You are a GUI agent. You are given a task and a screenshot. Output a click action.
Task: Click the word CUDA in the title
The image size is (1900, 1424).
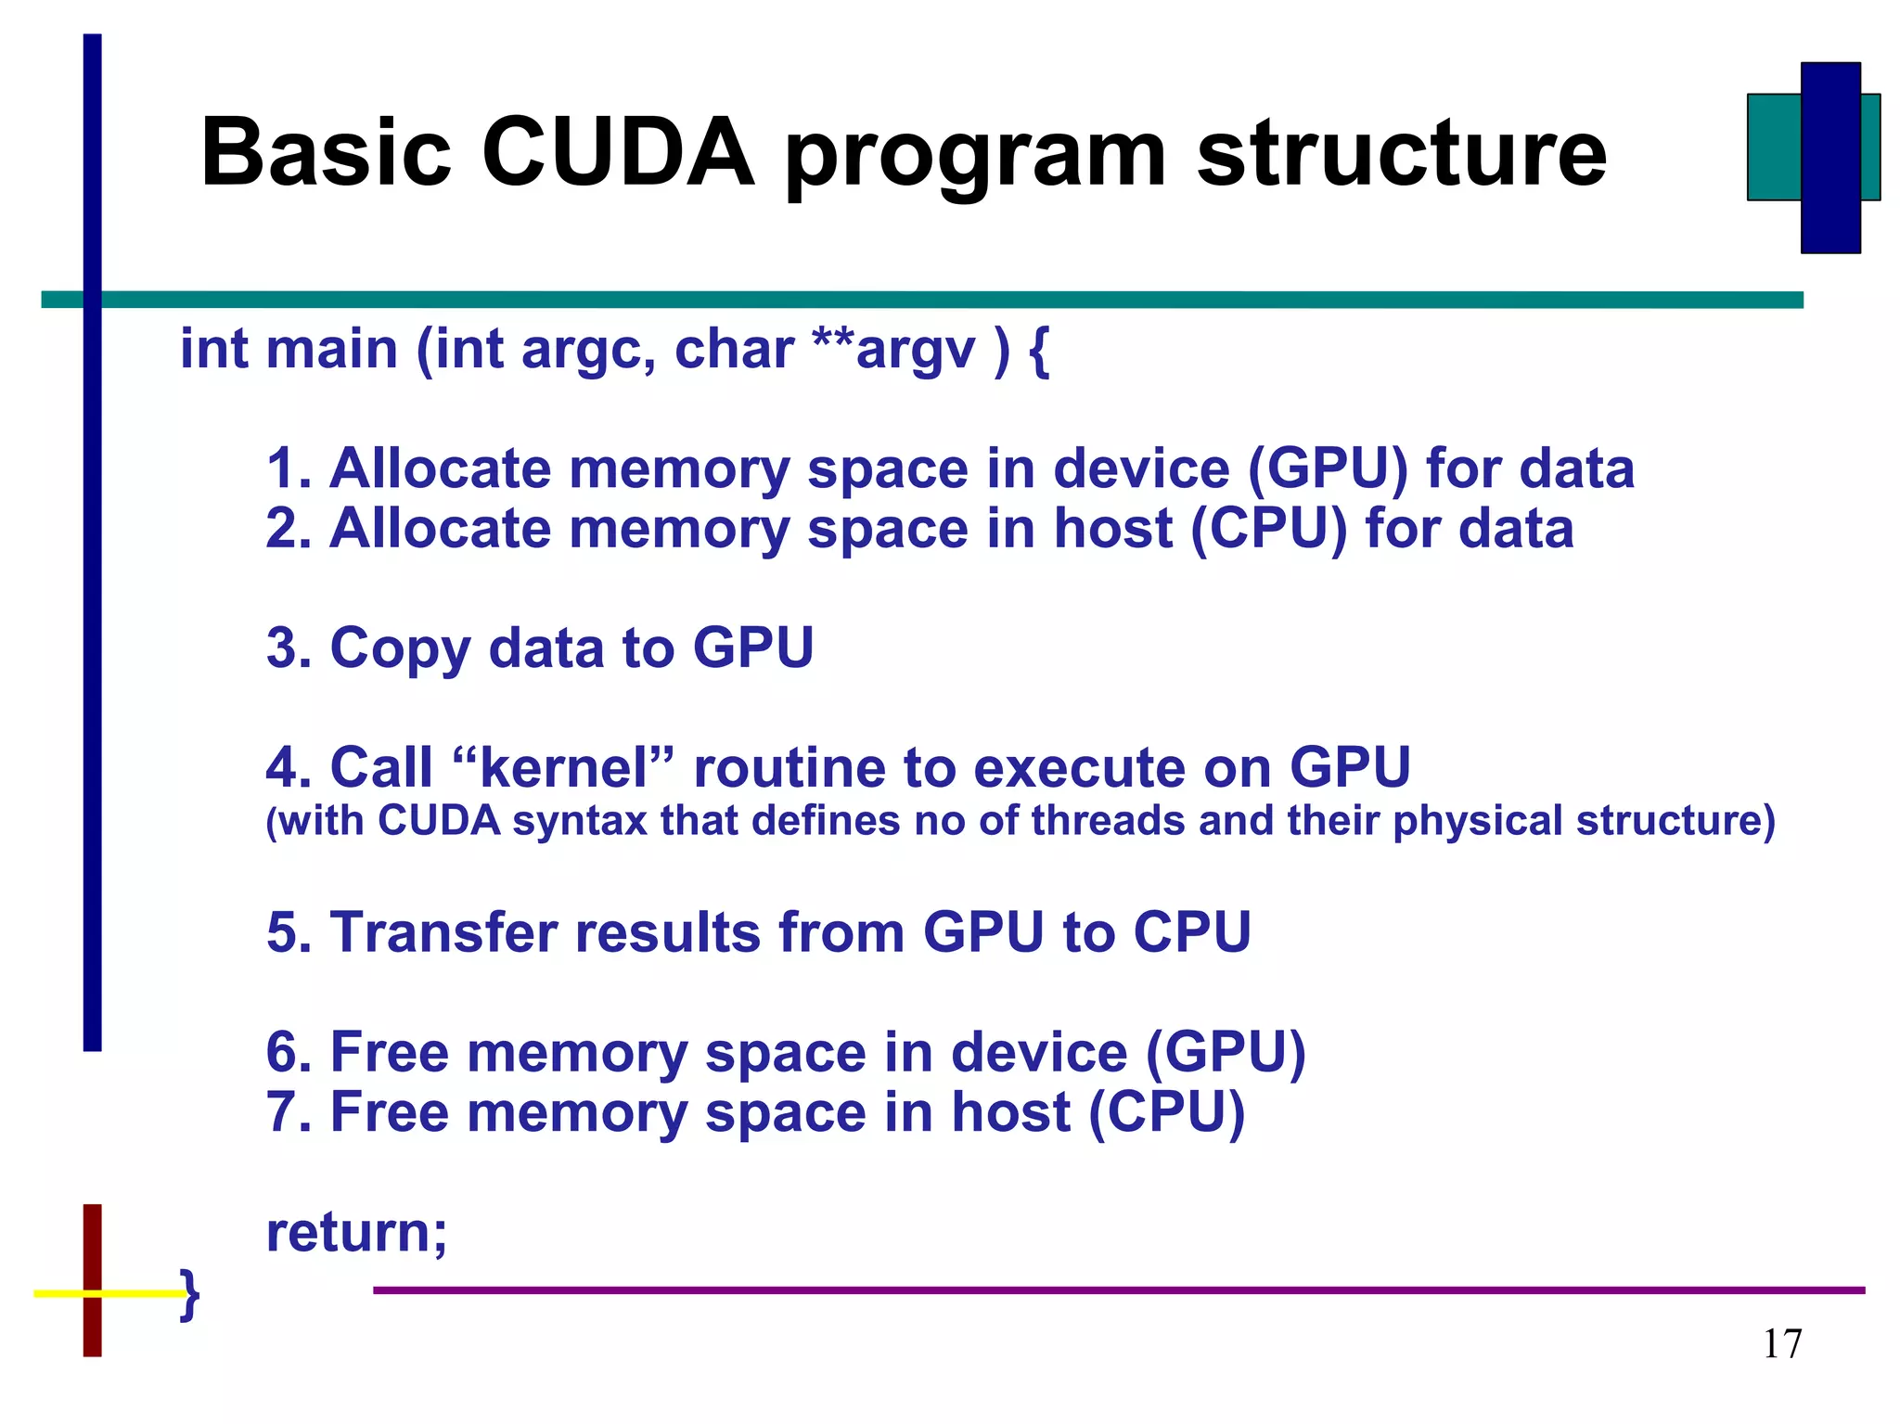(x=618, y=153)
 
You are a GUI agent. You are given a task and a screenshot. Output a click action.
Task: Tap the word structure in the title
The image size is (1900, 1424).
(x=1401, y=153)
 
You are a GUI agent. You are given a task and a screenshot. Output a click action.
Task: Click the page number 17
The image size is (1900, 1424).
(x=1782, y=1344)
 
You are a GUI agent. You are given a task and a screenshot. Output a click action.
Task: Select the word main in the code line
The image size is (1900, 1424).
(x=331, y=350)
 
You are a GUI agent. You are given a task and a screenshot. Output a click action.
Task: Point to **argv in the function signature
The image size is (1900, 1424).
(x=893, y=350)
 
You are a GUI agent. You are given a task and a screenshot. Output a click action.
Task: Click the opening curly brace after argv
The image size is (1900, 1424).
(x=1039, y=352)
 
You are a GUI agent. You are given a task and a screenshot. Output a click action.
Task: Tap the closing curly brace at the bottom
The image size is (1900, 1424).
(x=190, y=1293)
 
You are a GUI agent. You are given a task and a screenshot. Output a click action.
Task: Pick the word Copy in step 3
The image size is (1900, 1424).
(x=400, y=648)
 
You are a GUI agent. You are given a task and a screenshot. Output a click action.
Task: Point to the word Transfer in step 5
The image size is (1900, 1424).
(x=443, y=932)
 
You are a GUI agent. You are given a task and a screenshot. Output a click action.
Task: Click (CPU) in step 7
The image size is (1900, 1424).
(x=1166, y=1112)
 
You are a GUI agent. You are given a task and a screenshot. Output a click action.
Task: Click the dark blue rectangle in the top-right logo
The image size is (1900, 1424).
(x=1830, y=158)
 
